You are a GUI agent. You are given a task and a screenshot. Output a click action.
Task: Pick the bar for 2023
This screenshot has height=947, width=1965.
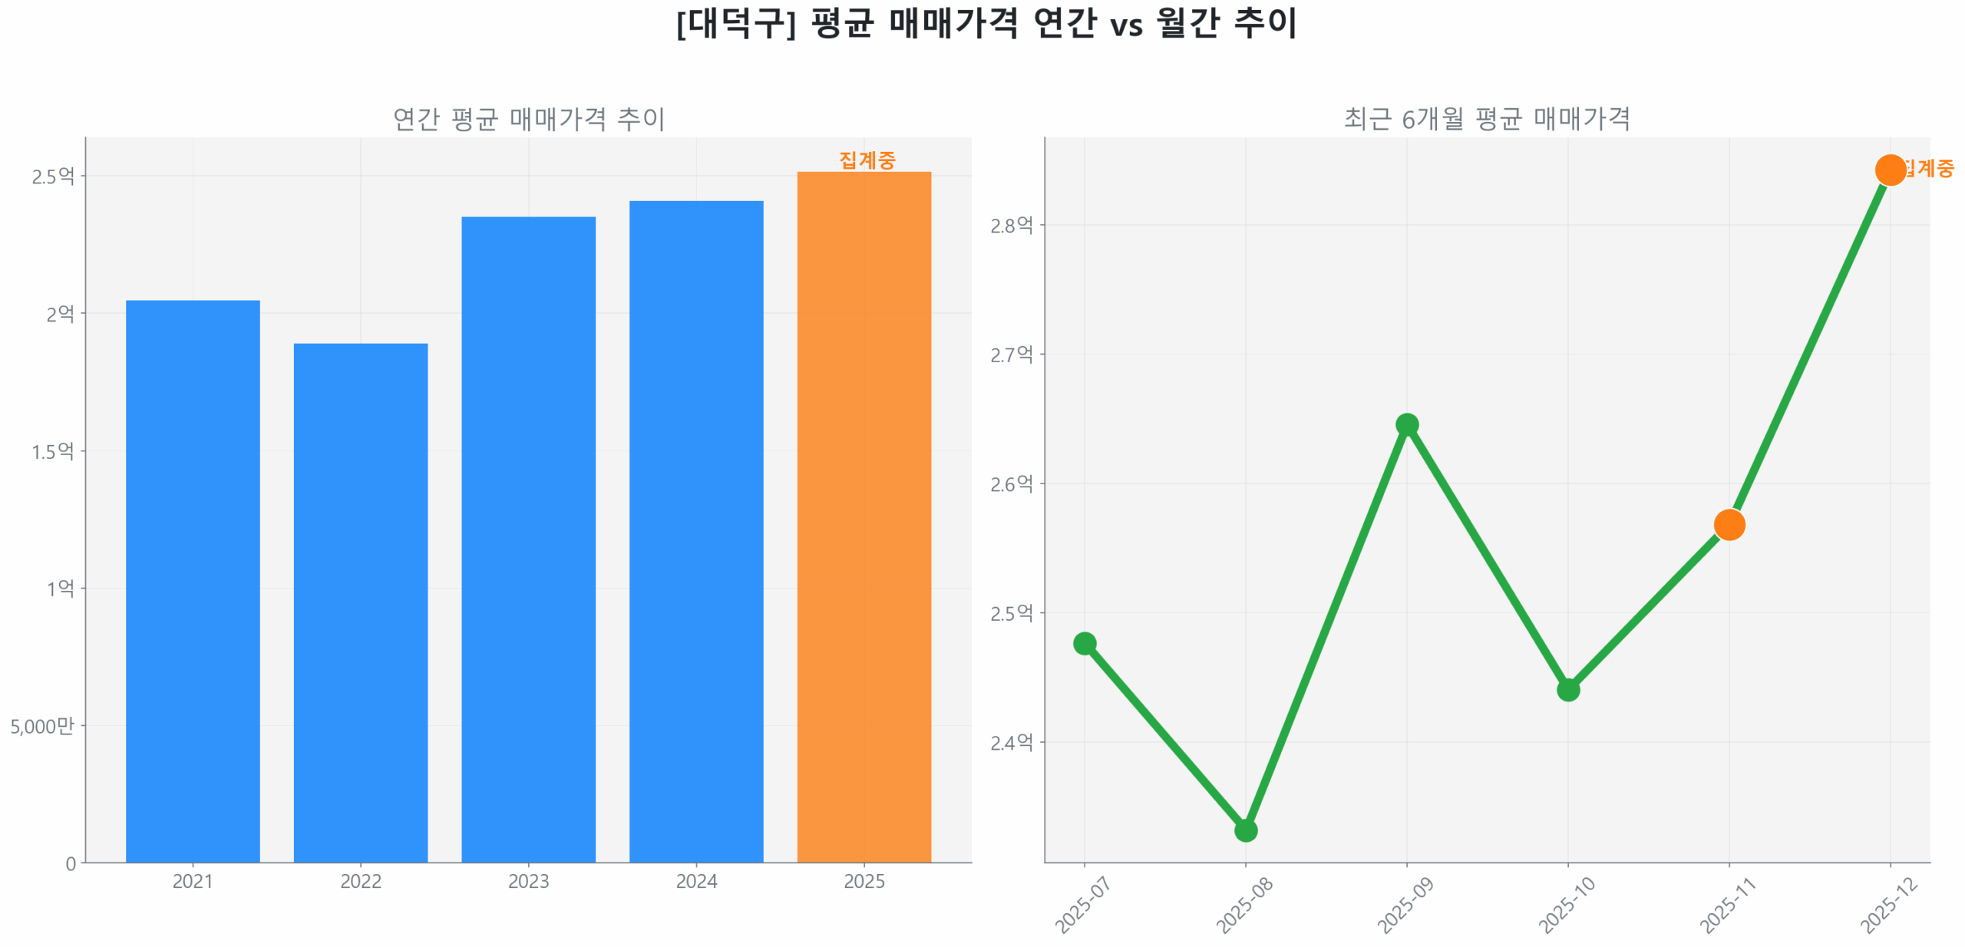(528, 538)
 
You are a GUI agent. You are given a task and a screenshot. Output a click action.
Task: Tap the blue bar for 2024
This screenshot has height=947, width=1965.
(695, 530)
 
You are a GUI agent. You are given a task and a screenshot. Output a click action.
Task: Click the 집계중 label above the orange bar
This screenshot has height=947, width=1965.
(867, 160)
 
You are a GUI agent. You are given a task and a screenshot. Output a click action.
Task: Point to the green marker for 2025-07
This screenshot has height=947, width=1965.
(1084, 643)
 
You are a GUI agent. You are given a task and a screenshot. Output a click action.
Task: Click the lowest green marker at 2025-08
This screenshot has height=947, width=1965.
(1245, 830)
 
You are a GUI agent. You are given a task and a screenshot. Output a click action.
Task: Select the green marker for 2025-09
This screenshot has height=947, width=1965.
(1406, 424)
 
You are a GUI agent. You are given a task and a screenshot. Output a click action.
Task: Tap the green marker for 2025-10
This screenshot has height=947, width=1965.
(1567, 690)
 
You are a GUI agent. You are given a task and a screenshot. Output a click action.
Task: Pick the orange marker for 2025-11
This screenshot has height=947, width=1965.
(1729, 525)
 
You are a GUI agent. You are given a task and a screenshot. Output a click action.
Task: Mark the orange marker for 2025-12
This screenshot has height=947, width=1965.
(1889, 170)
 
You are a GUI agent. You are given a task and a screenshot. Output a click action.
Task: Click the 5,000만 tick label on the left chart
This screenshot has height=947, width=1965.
(42, 726)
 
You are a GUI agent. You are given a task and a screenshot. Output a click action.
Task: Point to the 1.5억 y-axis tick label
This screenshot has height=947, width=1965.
(53, 451)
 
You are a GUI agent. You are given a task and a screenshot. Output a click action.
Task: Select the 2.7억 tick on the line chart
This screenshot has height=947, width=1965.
(1011, 355)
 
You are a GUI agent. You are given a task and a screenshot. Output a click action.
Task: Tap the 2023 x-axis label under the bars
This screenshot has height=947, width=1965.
(528, 881)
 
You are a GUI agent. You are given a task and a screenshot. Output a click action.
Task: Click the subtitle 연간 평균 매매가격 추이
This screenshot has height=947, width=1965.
(528, 119)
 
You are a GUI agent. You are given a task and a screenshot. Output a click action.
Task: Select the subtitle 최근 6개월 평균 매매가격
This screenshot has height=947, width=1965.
(1486, 119)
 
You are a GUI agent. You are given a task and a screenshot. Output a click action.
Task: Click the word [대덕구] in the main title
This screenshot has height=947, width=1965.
(735, 23)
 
